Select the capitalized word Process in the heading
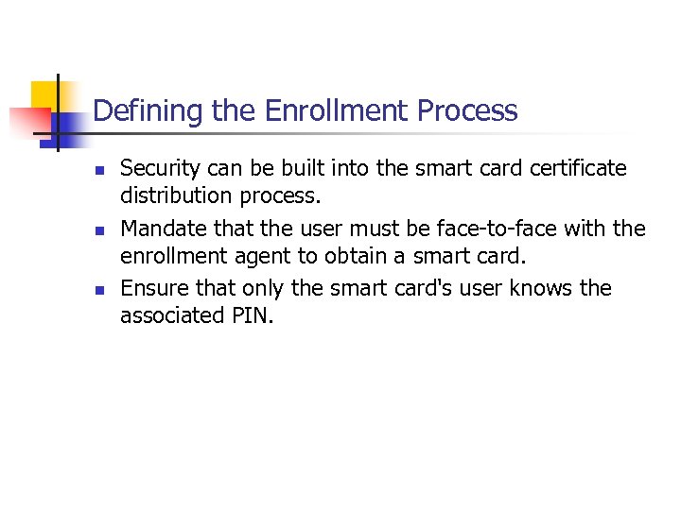coord(468,111)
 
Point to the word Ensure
coord(153,288)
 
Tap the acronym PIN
coord(255,315)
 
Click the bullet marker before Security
coord(98,171)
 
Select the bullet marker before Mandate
coord(98,230)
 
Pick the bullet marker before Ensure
coord(98,290)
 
